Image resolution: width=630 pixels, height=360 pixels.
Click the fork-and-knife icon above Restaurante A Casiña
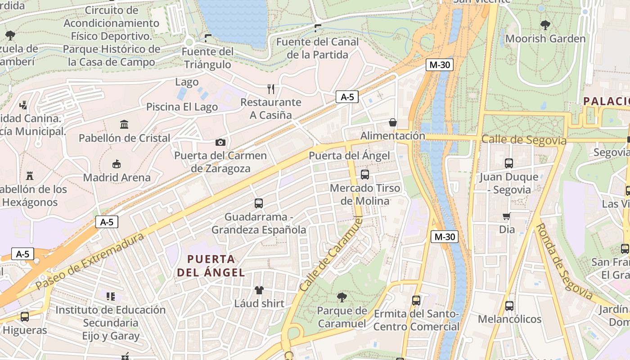click(270, 89)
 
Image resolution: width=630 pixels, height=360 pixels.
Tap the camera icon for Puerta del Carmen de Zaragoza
click(220, 143)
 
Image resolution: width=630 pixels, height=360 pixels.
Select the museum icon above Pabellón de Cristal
click(124, 124)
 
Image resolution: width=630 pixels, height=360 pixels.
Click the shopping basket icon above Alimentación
click(393, 122)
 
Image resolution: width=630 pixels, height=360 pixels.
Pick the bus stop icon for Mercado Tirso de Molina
click(365, 174)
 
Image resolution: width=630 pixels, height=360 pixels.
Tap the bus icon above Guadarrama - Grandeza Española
click(259, 203)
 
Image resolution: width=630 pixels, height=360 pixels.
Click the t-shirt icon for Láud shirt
click(259, 290)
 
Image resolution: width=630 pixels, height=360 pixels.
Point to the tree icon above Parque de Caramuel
click(342, 297)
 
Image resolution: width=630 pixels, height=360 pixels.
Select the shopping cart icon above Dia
click(507, 216)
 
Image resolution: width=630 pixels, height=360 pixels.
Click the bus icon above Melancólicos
click(509, 306)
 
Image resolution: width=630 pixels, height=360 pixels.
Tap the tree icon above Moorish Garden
click(545, 25)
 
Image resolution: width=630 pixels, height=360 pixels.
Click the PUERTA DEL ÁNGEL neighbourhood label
click(211, 265)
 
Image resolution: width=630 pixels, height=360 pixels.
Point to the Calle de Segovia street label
click(524, 140)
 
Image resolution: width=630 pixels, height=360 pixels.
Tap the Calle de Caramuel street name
click(331, 253)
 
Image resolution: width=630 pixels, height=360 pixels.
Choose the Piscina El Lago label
click(182, 107)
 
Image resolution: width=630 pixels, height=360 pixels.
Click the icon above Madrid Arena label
click(117, 164)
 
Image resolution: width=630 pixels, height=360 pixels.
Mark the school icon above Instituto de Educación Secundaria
click(111, 296)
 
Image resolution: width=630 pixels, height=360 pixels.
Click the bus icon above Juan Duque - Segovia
click(509, 163)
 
